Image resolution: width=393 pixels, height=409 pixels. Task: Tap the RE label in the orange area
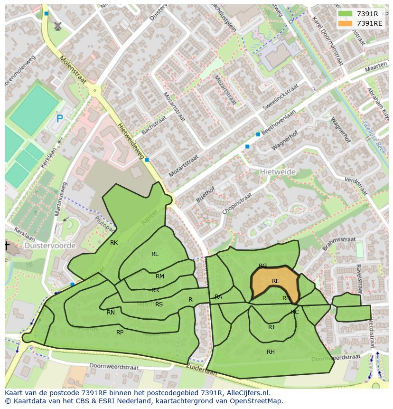[x=276, y=281]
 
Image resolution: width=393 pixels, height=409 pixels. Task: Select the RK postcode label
[x=114, y=243]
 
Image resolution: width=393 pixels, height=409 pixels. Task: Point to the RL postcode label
[x=155, y=254]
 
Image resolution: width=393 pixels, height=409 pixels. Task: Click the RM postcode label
[x=160, y=276]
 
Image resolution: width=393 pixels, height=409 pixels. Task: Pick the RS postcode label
[x=159, y=304]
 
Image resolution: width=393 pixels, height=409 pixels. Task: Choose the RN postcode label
[x=111, y=313]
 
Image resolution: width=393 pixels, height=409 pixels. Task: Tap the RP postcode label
[x=120, y=333]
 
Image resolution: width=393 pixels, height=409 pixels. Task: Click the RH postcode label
[x=271, y=352]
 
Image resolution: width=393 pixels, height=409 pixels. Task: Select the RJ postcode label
[x=271, y=327]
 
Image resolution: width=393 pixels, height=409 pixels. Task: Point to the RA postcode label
[x=218, y=297]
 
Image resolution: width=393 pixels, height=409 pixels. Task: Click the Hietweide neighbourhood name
[x=278, y=172]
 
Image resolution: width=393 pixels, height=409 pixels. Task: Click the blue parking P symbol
[x=59, y=119]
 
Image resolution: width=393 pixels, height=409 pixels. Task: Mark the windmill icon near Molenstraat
[x=58, y=26]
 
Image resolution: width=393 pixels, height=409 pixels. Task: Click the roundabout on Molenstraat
[x=94, y=90]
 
